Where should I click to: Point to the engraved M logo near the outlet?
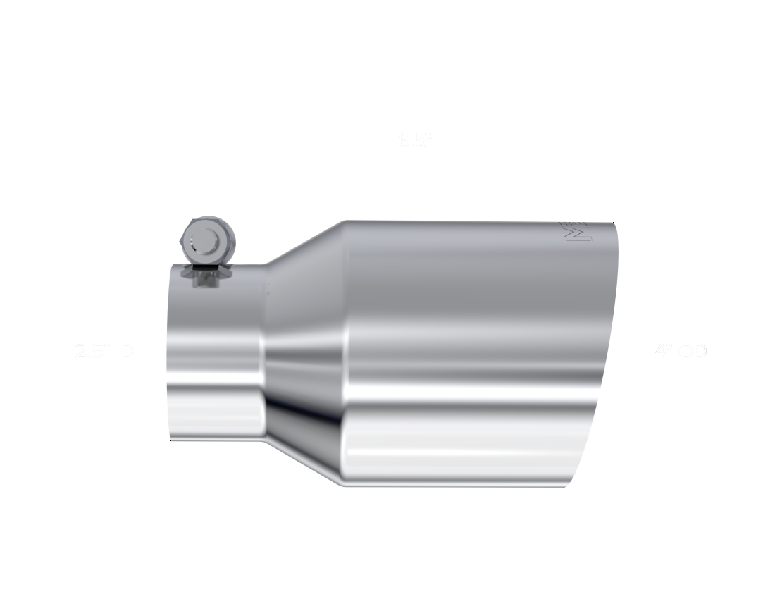click(x=581, y=233)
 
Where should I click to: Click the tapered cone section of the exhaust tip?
click(x=303, y=352)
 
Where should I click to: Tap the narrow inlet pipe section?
click(x=215, y=352)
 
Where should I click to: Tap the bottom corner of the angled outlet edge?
click(x=569, y=486)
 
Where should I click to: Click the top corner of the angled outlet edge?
click(x=617, y=223)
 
